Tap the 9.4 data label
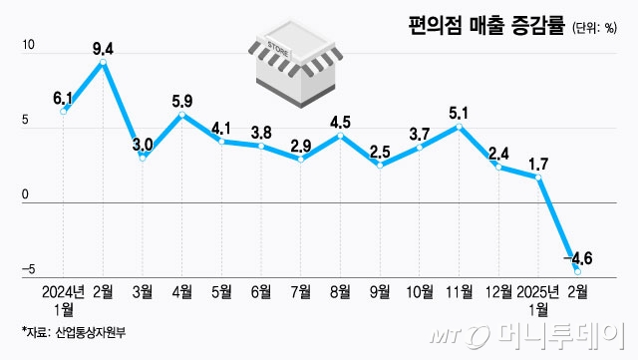click(103, 46)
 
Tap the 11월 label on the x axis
click(459, 292)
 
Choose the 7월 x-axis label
click(301, 292)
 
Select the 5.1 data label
click(459, 112)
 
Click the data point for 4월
click(181, 115)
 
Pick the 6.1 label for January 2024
click(64, 97)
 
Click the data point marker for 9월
click(380, 165)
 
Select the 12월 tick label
click(497, 292)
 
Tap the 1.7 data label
click(538, 163)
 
